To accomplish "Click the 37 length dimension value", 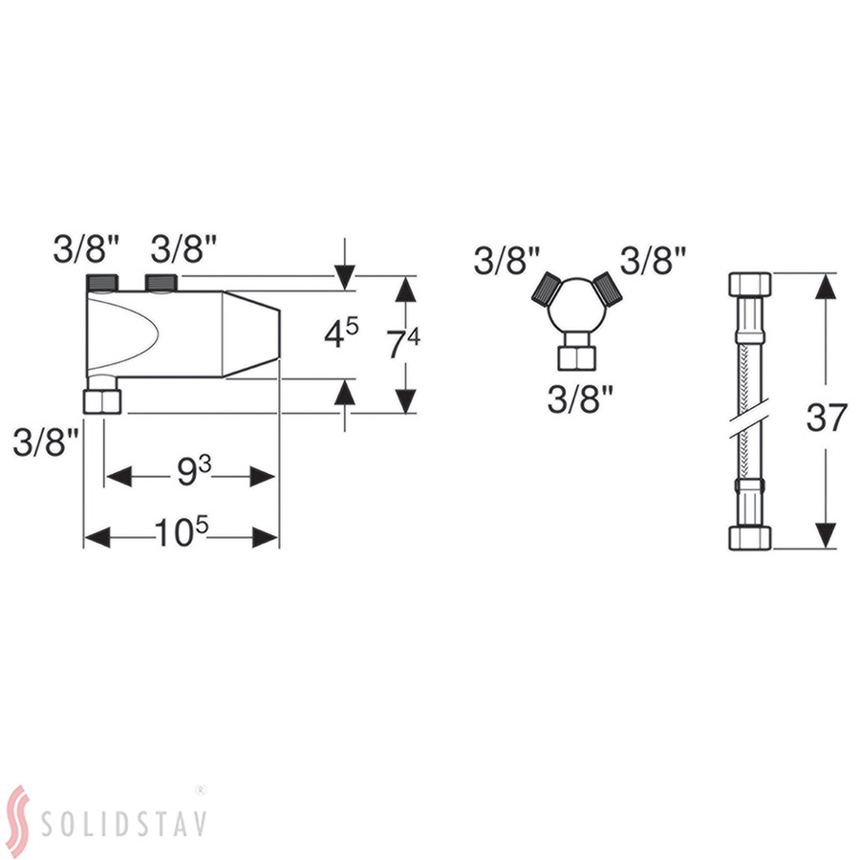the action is pyautogui.click(x=827, y=418).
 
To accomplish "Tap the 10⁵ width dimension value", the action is pyautogui.click(x=182, y=531).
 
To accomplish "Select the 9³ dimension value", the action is pyautogui.click(x=194, y=471).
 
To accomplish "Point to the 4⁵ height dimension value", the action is pyautogui.click(x=341, y=333).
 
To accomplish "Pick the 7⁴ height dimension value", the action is pyautogui.click(x=403, y=343).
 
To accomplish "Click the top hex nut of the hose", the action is pyautogui.click(x=750, y=284).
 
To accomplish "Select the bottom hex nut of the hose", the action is pyautogui.click(x=750, y=537).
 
